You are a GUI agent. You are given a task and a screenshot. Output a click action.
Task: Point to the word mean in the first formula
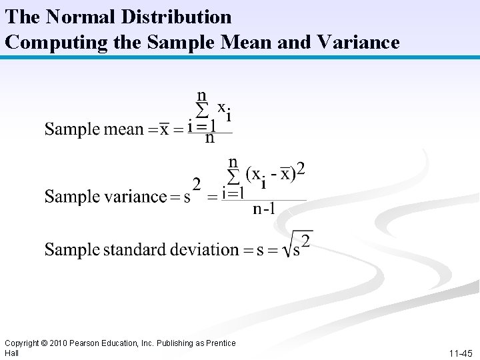(x=123, y=129)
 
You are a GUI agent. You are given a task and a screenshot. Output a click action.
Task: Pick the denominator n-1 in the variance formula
(x=264, y=209)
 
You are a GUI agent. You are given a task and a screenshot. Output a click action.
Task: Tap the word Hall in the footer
(x=11, y=353)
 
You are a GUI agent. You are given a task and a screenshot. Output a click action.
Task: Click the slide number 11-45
(x=461, y=353)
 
